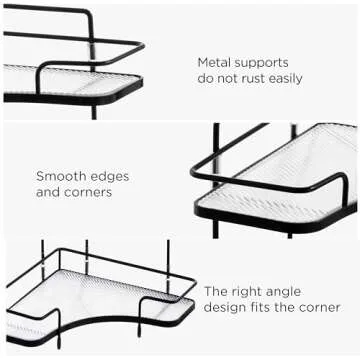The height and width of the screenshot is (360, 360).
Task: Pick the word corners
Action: (88, 191)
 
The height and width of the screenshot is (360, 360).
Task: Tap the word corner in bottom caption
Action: (320, 307)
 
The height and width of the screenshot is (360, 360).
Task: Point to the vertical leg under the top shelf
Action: (94, 110)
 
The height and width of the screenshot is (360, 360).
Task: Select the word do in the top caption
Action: (206, 78)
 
